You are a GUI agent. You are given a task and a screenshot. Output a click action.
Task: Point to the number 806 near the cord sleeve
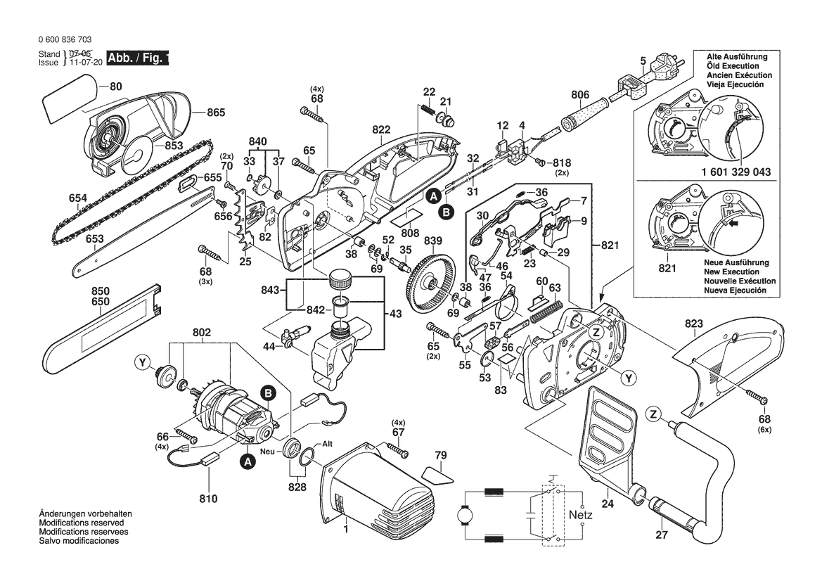(580, 95)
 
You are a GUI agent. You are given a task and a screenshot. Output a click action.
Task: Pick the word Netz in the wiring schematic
(581, 515)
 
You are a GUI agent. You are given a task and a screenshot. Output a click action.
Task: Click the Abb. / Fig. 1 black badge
(138, 58)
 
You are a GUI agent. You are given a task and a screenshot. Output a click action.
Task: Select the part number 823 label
(693, 324)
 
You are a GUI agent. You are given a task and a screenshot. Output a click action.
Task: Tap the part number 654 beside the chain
(78, 198)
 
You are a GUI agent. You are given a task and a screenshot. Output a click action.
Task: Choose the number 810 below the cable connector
(208, 499)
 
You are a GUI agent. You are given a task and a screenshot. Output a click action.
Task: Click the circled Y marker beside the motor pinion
(143, 363)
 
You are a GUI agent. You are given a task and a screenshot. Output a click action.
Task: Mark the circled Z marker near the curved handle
(655, 415)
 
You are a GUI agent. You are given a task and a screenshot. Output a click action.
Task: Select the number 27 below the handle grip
(660, 535)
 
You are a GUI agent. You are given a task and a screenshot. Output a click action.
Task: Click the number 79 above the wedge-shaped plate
(440, 456)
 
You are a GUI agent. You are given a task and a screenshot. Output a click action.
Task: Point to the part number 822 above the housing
(381, 129)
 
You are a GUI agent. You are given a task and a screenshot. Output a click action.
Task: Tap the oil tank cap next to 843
(340, 279)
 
